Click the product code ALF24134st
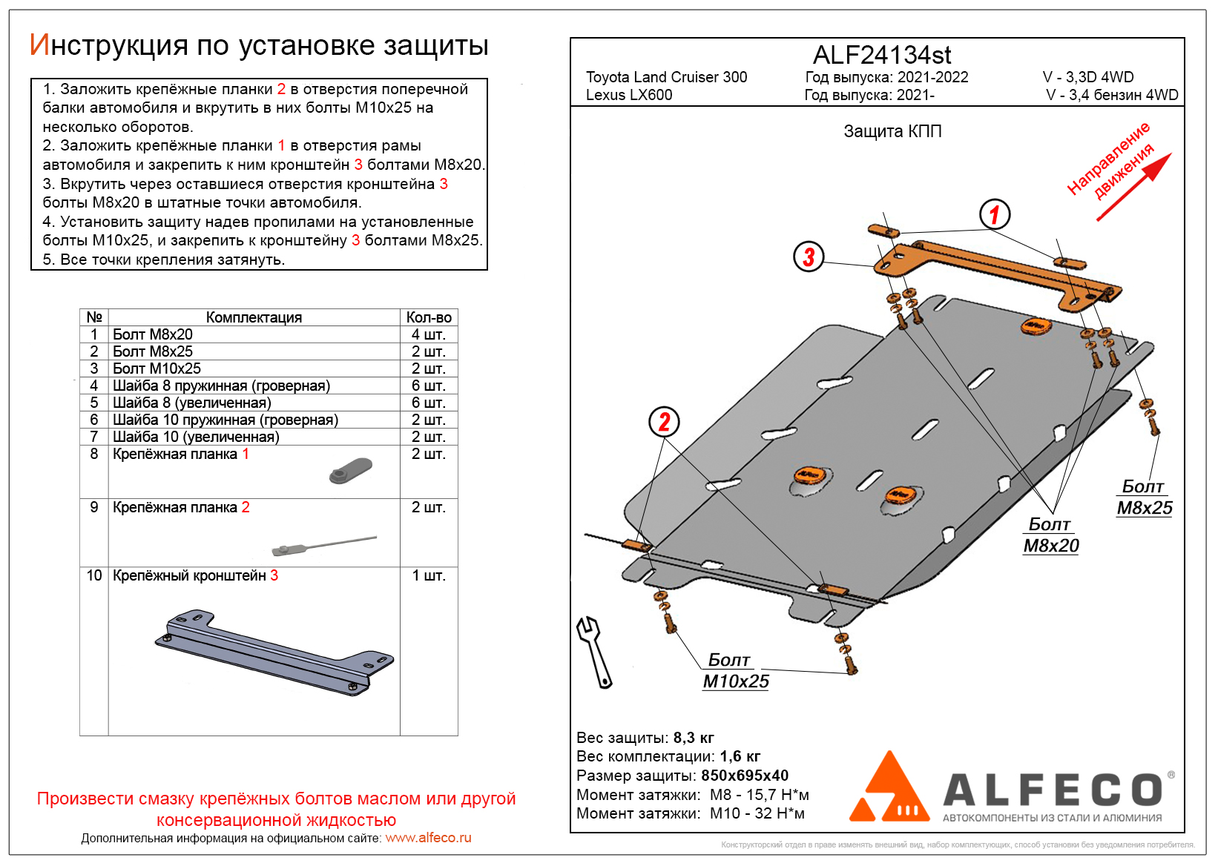881,55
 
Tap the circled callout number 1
994,215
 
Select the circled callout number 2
664,422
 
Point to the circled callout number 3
809,257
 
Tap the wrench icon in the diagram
594,651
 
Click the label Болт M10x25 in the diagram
735,671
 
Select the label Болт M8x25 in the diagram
1144,498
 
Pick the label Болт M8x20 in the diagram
1050,535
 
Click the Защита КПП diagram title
892,132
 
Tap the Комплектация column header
254,317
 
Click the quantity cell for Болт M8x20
429,334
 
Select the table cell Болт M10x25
157,368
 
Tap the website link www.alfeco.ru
428,838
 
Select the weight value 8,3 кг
693,738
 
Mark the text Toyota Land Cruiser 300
666,77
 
